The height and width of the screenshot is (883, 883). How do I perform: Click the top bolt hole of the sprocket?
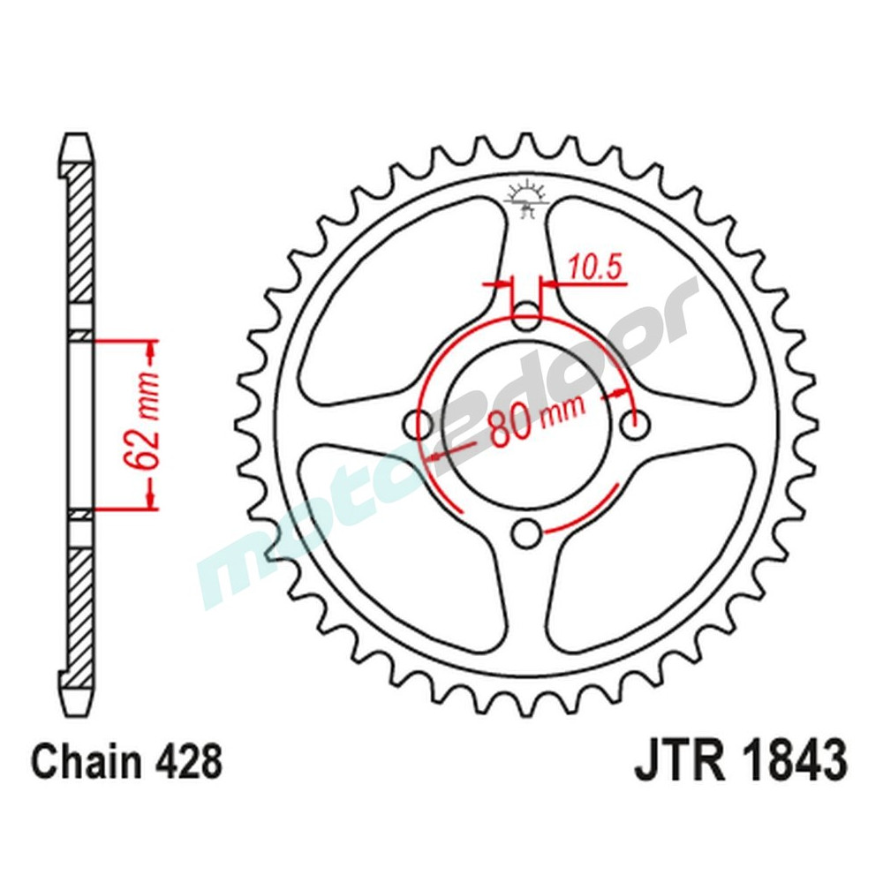point(527,316)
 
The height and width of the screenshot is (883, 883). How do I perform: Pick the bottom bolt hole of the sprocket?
point(527,533)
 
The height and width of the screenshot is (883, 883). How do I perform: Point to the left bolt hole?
point(419,425)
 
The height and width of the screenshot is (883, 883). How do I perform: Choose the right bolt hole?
point(635,425)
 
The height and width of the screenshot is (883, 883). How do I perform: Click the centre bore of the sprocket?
point(527,425)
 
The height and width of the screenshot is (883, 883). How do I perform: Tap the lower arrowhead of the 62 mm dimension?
point(151,498)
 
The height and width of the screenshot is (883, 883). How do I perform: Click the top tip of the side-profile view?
point(78,139)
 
